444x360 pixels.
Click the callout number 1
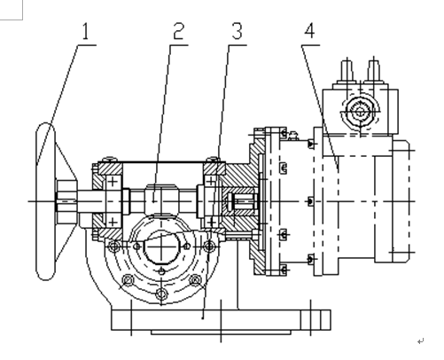point(85,31)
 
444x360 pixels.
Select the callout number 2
point(179,31)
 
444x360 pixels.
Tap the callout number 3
point(237,31)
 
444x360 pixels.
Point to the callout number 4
point(309,31)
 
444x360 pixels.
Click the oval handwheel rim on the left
point(37,201)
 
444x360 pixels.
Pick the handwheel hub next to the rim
point(66,201)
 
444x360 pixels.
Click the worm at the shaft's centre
point(161,199)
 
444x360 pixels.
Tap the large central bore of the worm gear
point(161,247)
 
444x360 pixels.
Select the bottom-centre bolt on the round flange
point(161,293)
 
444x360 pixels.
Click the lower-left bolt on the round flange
point(128,279)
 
